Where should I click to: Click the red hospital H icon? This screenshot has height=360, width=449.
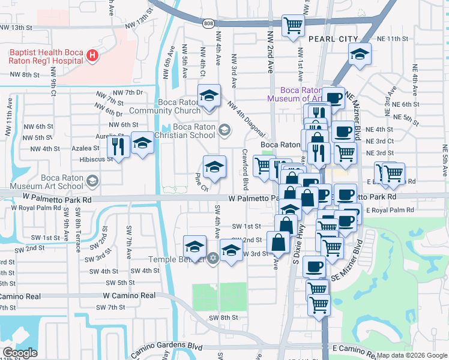pyautogui.click(x=92, y=57)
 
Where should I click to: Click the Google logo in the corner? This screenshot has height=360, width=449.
pyautogui.click(x=20, y=353)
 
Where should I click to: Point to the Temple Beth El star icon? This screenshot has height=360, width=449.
pyautogui.click(x=212, y=259)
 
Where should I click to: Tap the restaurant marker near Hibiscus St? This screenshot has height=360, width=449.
pyautogui.click(x=118, y=146)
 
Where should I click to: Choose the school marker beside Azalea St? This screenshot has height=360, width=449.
pyautogui.click(x=142, y=145)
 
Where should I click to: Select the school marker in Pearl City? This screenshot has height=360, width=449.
pyautogui.click(x=359, y=56)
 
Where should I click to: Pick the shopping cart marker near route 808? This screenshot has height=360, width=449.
pyautogui.click(x=293, y=26)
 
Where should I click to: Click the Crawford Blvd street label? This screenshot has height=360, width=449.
pyautogui.click(x=245, y=169)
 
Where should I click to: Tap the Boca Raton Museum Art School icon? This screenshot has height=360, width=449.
pyautogui.click(x=92, y=180)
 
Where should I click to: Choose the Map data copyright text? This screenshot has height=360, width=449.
pyautogui.click(x=411, y=355)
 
